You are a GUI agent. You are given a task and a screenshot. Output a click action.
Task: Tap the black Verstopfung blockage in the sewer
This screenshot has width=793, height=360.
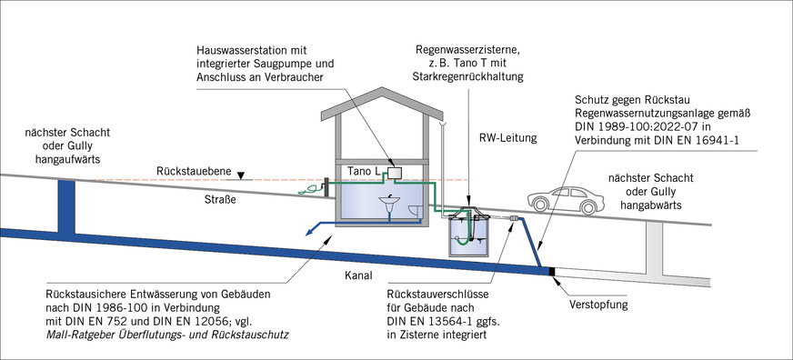[x=552, y=271]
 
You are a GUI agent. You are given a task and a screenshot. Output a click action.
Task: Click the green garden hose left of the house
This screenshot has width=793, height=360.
[x=313, y=190]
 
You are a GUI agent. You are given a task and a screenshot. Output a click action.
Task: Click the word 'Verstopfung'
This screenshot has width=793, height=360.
[x=597, y=304]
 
